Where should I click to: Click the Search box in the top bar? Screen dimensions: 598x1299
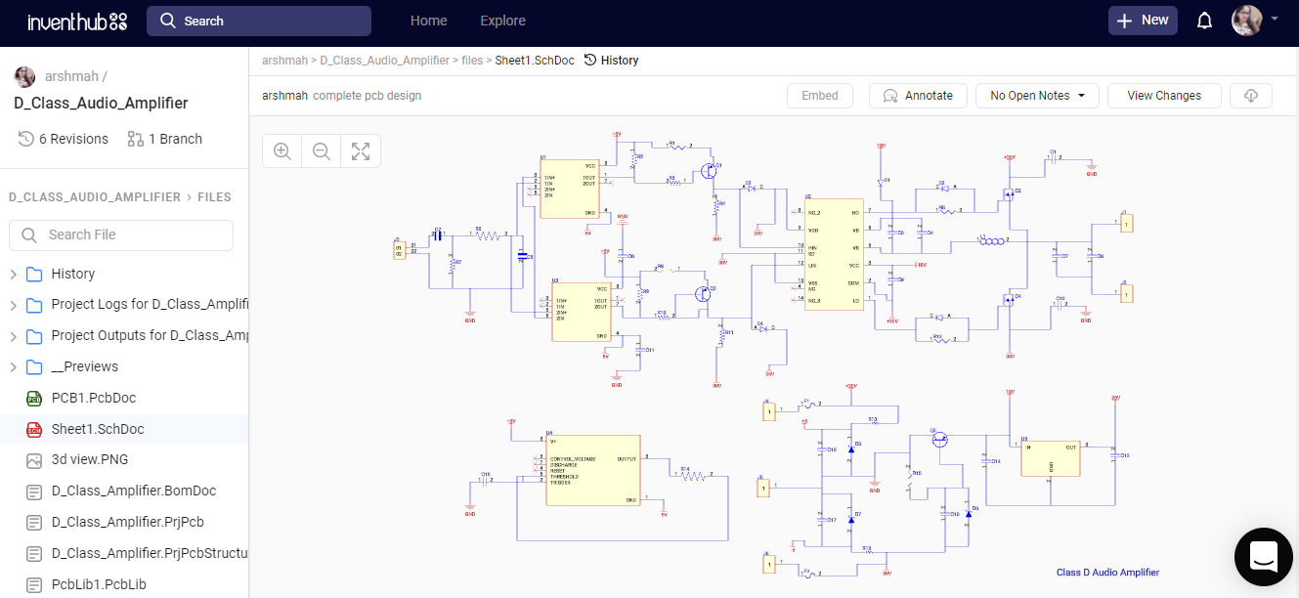point(259,21)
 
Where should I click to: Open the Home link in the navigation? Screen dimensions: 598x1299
point(428,21)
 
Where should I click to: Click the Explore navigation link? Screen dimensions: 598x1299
point(502,21)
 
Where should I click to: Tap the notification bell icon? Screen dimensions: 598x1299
point(1204,21)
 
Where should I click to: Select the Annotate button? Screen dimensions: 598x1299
point(918,96)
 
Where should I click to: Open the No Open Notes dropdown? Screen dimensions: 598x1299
point(1037,96)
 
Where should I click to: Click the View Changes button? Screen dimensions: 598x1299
point(1164,96)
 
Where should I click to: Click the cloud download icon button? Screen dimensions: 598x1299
point(1251,96)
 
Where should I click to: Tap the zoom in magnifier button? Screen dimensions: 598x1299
point(282,151)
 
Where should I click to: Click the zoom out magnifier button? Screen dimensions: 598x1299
point(321,151)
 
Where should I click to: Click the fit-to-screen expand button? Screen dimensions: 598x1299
point(361,151)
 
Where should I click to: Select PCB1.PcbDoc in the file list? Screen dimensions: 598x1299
point(93,398)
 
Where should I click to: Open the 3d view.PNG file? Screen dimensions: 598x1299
point(89,459)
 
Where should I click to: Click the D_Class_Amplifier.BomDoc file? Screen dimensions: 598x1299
point(133,491)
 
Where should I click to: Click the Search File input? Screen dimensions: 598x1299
point(121,235)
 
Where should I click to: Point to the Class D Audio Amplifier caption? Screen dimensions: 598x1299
point(1107,573)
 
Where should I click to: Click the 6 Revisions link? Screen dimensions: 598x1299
point(64,139)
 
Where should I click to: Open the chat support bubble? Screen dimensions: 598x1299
point(1263,556)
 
